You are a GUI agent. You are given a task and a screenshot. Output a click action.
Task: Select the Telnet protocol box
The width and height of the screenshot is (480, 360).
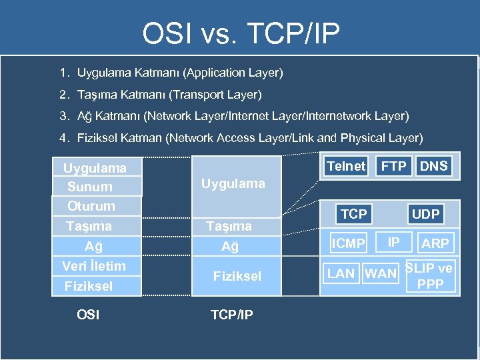click(346, 167)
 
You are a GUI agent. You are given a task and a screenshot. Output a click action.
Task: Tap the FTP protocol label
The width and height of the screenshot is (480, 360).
click(393, 167)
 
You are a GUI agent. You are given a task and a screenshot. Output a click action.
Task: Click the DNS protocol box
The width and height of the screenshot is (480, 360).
click(434, 167)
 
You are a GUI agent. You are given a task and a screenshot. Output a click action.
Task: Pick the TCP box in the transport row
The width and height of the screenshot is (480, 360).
click(353, 214)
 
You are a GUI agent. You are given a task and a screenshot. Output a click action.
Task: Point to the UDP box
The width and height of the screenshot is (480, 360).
click(425, 214)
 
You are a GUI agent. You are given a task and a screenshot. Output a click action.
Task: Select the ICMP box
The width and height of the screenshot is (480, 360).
click(349, 244)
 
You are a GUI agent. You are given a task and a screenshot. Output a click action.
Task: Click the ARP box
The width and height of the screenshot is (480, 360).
click(435, 244)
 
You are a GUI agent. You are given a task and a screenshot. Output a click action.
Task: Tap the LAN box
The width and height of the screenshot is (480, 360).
click(341, 273)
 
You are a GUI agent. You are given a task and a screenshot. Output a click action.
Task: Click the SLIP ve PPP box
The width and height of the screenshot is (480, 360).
click(430, 277)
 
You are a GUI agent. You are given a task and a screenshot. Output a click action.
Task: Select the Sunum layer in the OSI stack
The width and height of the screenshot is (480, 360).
click(90, 187)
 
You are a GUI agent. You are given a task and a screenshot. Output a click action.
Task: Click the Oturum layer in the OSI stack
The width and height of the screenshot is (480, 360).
click(91, 206)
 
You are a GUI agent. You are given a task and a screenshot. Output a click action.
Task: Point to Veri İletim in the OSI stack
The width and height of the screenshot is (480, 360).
click(94, 266)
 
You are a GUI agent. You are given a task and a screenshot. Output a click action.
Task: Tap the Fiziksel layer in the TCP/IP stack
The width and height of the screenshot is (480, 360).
click(237, 276)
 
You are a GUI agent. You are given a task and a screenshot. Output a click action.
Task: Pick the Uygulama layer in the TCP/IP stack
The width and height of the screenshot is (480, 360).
click(233, 183)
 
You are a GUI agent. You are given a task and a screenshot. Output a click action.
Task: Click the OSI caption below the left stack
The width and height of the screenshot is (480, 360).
click(88, 315)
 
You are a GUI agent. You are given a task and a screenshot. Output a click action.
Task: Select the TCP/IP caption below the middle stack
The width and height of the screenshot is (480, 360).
click(231, 315)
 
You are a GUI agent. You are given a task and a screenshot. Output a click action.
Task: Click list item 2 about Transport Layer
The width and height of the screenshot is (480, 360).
click(160, 95)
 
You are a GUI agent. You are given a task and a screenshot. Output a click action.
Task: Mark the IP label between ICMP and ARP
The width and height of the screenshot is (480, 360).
click(394, 242)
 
